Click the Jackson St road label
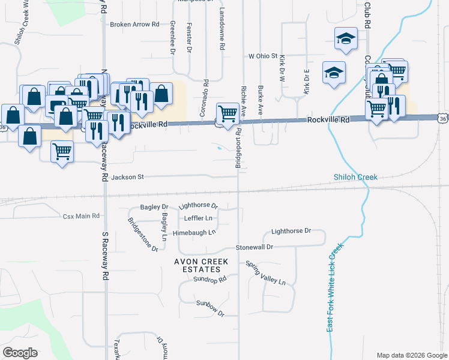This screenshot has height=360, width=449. [x=128, y=177]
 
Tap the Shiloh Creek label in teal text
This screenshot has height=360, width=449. [x=356, y=177]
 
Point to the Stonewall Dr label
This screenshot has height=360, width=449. [x=254, y=247]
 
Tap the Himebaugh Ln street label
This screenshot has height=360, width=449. [x=194, y=232]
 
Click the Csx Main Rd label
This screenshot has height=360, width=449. [x=81, y=216]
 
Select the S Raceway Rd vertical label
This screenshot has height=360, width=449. [x=104, y=258]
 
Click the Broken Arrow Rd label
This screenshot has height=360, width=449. [x=134, y=25]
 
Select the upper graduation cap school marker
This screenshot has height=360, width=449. [x=345, y=40]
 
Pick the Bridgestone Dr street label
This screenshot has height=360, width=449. [x=142, y=234]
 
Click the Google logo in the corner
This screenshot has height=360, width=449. [x=20, y=353]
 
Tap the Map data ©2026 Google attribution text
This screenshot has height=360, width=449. [x=411, y=355]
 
